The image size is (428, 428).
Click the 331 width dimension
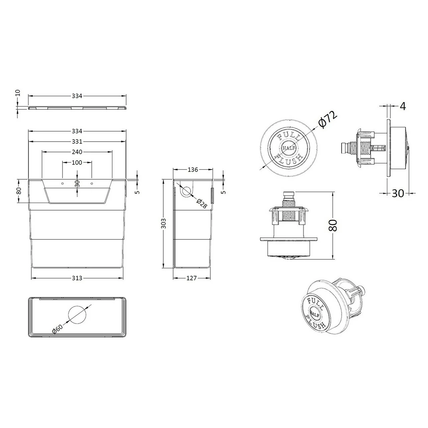point(77,142)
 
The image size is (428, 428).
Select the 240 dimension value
point(77,152)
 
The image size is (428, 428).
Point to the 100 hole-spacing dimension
point(77,163)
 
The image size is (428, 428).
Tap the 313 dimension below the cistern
point(77,278)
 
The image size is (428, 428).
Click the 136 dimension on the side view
point(192,170)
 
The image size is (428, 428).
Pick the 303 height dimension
point(163,223)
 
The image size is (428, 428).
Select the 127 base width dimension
point(192,278)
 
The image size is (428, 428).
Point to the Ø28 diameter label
point(202,203)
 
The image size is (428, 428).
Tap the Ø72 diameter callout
point(328,118)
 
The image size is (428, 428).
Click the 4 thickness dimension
point(403,106)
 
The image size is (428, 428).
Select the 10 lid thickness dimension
point(18,93)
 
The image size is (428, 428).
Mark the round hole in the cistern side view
point(186,191)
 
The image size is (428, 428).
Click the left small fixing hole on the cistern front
point(62,183)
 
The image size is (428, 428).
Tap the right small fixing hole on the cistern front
point(91,183)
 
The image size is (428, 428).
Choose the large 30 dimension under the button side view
point(398,193)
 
